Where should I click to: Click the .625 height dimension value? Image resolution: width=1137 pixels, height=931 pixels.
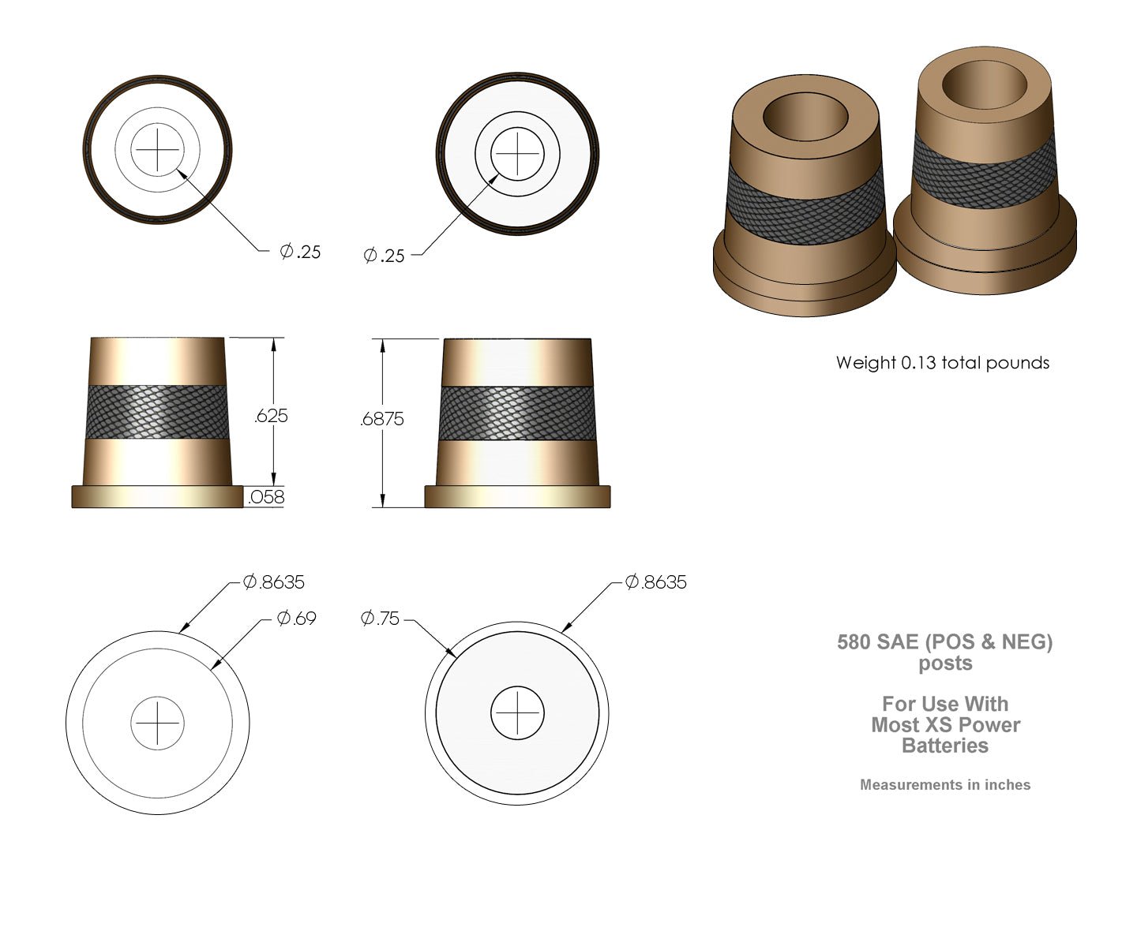271,416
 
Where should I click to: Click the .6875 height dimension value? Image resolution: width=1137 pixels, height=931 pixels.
382,419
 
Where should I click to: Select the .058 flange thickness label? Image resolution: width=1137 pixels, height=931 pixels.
266,497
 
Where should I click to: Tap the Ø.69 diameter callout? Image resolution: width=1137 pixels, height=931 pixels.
297,619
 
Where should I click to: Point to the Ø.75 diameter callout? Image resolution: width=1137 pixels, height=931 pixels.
381,619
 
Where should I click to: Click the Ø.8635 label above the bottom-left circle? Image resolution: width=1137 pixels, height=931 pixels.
274,582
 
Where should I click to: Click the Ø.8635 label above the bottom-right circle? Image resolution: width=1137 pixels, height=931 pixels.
656,582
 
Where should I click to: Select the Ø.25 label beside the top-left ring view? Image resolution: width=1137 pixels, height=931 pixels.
301,252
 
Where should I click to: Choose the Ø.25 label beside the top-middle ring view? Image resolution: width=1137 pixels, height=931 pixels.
384,256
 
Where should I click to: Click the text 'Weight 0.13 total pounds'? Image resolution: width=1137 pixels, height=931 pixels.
943,363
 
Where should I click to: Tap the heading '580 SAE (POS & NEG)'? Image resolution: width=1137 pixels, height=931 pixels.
945,642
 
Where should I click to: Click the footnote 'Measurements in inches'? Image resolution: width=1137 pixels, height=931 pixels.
945,785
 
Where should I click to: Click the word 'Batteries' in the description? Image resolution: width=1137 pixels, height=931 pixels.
945,746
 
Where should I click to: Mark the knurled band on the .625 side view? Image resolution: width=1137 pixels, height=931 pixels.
157,412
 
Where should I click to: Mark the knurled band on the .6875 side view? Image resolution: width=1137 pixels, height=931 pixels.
517,413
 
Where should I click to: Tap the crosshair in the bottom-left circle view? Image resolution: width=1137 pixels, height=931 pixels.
157,722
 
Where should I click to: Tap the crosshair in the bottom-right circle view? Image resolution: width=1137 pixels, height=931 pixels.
517,712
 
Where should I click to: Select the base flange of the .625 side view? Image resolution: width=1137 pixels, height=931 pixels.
157,495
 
